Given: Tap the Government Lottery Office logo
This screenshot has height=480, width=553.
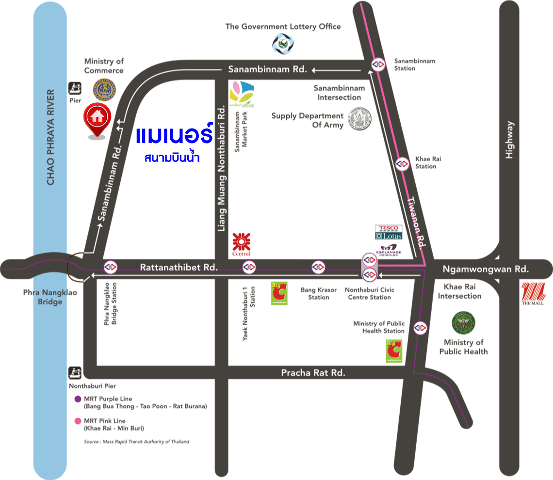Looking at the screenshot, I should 283,43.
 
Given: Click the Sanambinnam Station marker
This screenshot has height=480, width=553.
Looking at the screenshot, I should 378,64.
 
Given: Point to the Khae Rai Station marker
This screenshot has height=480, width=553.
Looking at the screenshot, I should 402,164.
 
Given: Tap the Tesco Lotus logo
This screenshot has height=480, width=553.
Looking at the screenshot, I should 389,232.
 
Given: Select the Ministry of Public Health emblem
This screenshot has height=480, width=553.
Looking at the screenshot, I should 463,324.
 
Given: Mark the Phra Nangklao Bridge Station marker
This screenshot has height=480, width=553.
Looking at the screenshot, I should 111,267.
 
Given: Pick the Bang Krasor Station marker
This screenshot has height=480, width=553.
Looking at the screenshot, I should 318,267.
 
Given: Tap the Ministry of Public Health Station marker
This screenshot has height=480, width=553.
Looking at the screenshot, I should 420,328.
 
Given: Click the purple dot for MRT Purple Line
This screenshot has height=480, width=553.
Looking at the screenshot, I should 77,399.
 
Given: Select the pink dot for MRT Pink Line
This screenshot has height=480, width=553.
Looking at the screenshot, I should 77,421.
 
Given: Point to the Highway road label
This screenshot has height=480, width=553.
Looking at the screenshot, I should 509,140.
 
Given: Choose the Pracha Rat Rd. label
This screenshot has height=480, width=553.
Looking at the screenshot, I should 313,372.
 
